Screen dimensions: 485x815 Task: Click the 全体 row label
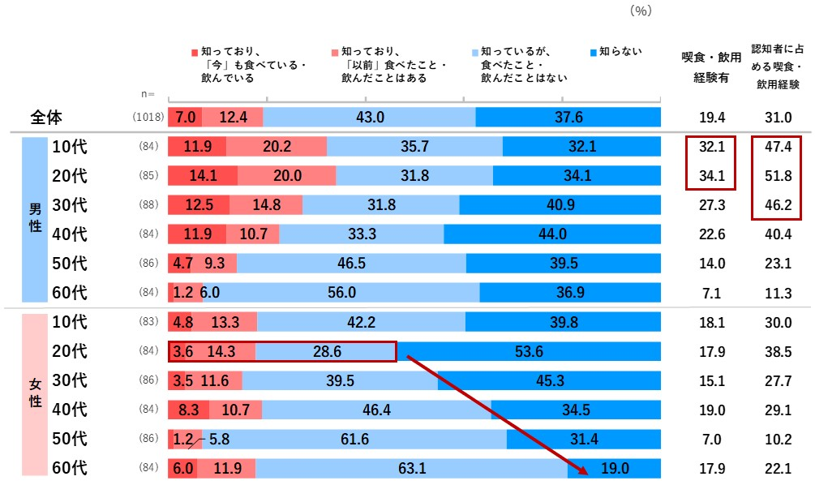(47, 118)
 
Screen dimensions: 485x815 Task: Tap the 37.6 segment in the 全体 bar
(568, 118)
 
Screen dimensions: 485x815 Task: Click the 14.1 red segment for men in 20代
(202, 176)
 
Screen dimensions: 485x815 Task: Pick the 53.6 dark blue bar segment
(528, 351)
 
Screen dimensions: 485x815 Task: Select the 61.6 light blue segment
(354, 439)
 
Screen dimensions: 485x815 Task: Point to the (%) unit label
(640, 11)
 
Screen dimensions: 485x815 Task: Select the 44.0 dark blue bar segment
(551, 234)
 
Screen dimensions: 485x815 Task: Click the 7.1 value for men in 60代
(710, 293)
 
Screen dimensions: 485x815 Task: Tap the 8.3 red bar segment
(188, 410)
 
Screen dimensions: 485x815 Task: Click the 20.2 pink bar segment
(276, 147)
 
